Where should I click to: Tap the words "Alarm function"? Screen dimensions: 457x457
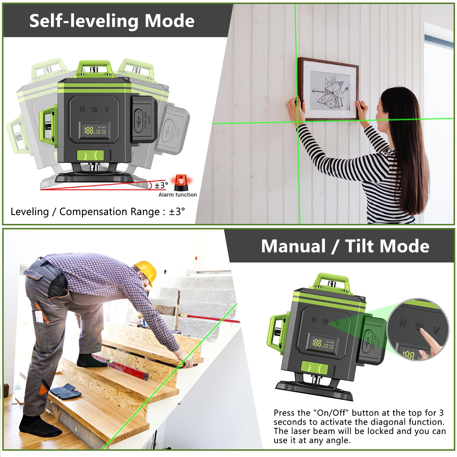178,195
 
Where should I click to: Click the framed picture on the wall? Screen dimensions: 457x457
328,89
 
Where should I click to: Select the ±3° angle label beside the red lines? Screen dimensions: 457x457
161,186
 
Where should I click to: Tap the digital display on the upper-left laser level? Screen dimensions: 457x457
95,131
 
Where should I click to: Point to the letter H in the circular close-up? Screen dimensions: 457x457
403,323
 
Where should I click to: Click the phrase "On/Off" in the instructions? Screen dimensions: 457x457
331,413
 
